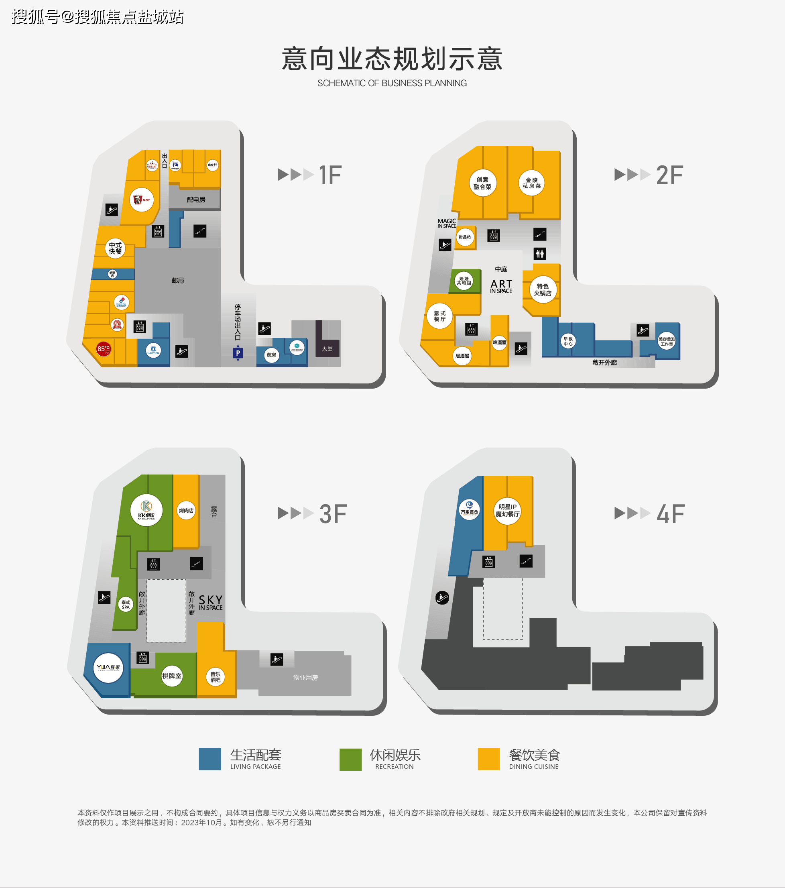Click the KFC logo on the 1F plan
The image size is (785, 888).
click(142, 200)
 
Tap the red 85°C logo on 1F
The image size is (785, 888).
click(104, 349)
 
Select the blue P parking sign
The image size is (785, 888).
click(238, 353)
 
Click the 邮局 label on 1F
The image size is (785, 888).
click(178, 281)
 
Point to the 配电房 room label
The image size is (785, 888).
click(196, 200)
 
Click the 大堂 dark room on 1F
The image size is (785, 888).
click(327, 349)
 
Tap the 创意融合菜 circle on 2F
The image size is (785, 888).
click(482, 183)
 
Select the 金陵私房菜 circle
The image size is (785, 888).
click(531, 183)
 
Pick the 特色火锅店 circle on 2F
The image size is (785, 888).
click(543, 290)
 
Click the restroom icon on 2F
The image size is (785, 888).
click(539, 254)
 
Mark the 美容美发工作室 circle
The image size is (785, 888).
click(666, 342)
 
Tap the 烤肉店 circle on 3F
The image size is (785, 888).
click(186, 511)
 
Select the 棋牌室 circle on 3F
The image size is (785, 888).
click(172, 676)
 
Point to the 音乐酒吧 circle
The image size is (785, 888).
click(216, 677)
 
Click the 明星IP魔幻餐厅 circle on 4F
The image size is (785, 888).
click(507, 511)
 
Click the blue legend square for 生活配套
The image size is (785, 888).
click(210, 759)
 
